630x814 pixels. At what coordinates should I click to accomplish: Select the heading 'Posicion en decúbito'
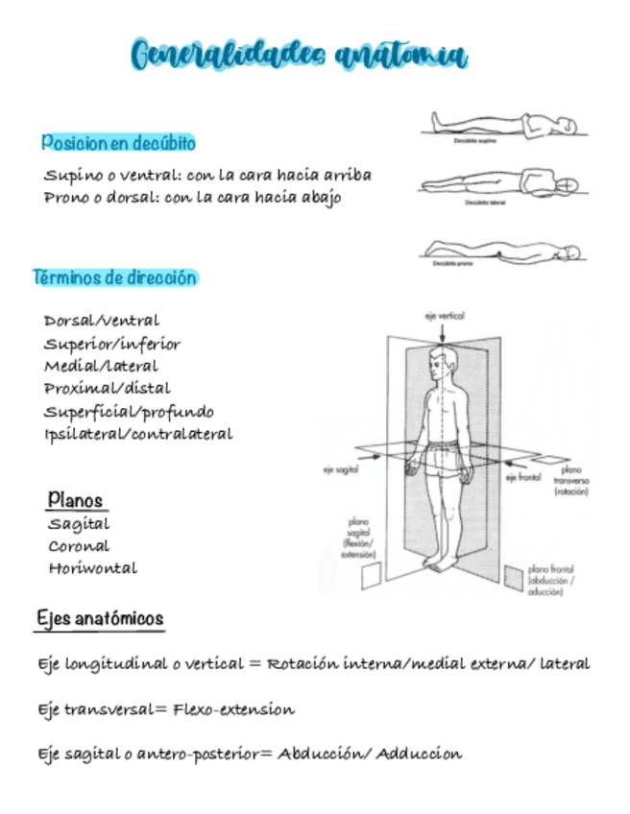point(118,143)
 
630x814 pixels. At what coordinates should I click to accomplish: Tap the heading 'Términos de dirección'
point(115,278)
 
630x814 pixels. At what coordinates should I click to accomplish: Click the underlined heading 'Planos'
point(76,500)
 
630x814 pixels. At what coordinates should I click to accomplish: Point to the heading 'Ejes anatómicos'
point(100,619)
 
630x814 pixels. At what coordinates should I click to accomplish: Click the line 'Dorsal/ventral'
point(102,321)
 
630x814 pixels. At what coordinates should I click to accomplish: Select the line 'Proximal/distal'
point(107,389)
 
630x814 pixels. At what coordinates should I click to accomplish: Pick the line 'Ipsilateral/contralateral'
point(138,434)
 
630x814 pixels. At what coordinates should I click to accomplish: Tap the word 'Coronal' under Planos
point(79,546)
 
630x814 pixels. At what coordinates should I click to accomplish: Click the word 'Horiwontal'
point(93,568)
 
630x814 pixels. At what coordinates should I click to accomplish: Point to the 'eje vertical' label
point(444,315)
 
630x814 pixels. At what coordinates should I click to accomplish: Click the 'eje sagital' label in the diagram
point(341,470)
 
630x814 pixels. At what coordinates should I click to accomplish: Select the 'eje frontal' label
point(524,476)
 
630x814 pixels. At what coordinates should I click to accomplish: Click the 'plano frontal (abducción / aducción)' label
point(551,582)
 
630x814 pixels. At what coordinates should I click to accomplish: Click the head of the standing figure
point(440,363)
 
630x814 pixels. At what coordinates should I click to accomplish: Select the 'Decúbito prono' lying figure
point(500,251)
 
